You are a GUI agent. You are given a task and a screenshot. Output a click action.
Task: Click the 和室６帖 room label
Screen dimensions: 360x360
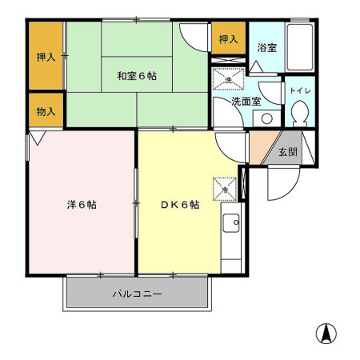(x=137, y=76)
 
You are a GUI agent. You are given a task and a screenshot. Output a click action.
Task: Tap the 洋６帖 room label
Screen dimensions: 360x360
(x=82, y=205)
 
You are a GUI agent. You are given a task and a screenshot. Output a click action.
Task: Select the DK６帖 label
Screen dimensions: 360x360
(x=179, y=205)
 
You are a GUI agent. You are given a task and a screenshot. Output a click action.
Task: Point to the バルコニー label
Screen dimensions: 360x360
(x=137, y=294)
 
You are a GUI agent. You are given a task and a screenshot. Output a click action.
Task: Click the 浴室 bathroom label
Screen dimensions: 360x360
(x=266, y=49)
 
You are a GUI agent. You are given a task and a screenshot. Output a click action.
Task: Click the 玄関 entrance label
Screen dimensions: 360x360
(x=287, y=152)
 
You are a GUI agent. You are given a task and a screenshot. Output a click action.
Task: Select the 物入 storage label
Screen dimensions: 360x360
(x=46, y=111)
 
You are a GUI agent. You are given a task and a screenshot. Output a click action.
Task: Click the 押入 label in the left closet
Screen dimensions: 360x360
(x=46, y=57)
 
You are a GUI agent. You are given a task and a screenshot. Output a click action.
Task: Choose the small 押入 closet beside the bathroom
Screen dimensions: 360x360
(x=228, y=39)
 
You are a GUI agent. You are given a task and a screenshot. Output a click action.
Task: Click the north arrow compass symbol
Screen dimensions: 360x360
(x=326, y=332)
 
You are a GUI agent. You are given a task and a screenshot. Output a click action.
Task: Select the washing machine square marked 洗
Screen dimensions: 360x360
(x=227, y=81)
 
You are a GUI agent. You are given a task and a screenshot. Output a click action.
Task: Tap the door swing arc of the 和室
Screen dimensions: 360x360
(x=192, y=36)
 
